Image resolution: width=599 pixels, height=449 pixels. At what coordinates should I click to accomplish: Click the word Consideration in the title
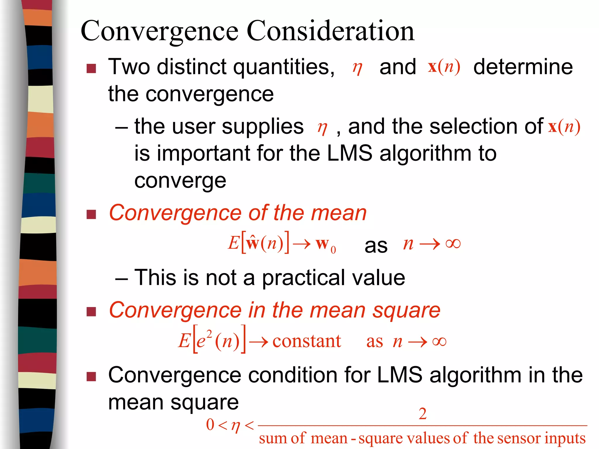(331, 31)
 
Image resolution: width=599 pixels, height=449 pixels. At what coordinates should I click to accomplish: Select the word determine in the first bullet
(523, 67)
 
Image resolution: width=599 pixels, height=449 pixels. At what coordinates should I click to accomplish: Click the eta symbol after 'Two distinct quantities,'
(357, 68)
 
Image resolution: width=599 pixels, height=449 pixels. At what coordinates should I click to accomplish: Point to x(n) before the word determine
(444, 67)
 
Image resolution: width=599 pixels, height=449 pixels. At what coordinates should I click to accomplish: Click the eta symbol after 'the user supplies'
(322, 128)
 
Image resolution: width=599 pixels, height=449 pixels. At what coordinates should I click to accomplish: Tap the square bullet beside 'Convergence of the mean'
(91, 214)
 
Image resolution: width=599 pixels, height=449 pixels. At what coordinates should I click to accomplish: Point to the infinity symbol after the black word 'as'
(453, 243)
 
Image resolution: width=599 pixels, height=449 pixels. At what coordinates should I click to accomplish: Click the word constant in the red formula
(307, 341)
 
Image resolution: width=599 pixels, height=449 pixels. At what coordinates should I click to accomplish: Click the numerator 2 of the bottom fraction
(422, 414)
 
